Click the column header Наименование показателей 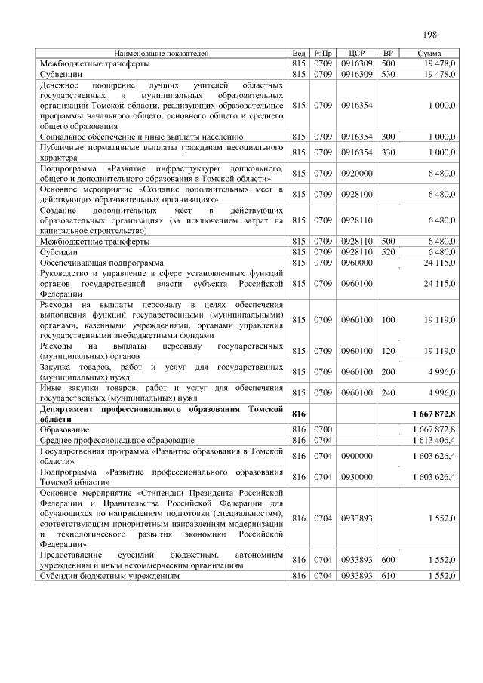(162, 54)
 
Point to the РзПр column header (323, 54)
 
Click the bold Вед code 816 (298, 414)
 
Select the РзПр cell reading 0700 (323, 429)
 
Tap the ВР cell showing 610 (389, 576)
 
